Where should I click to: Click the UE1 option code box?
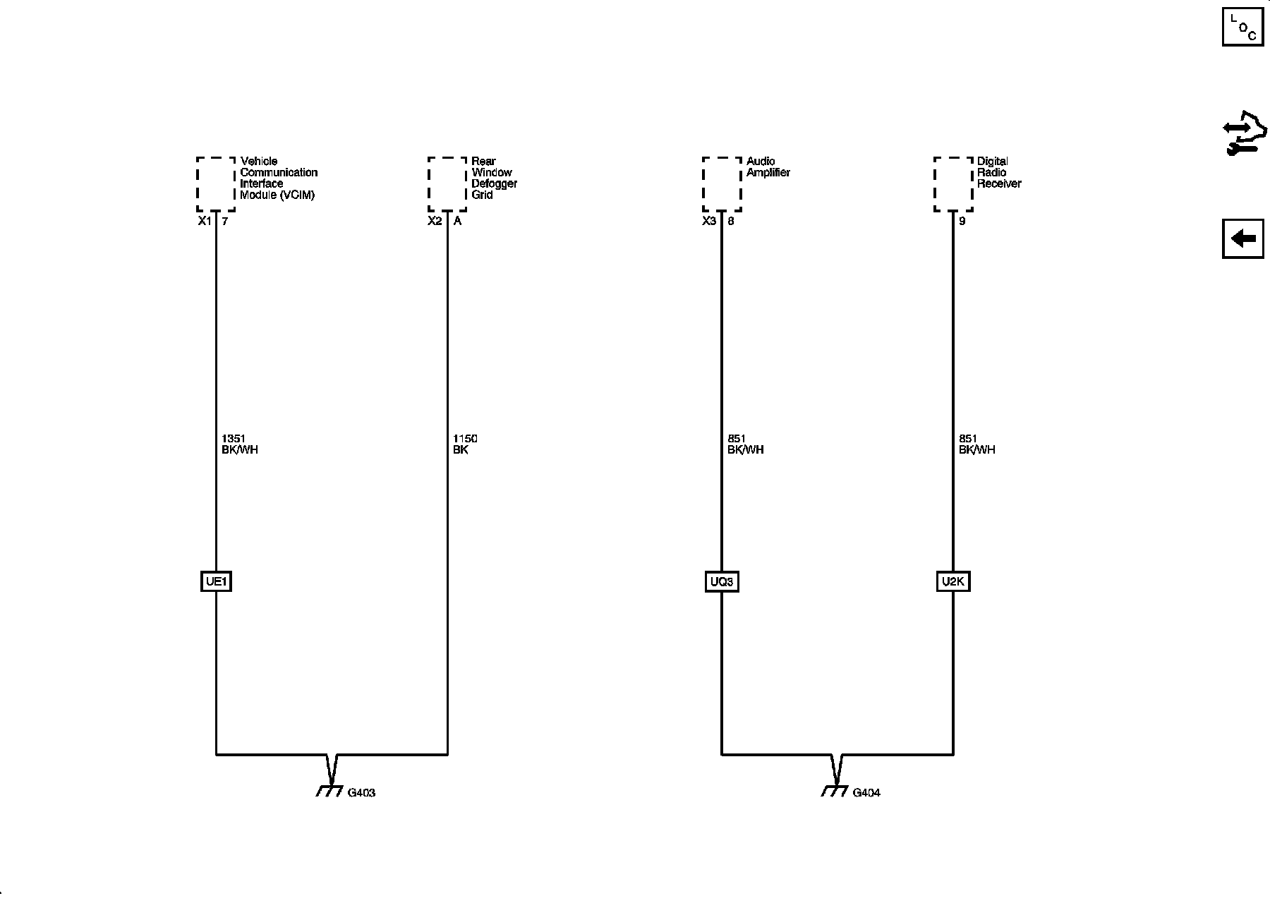216,582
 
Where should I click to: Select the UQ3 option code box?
722,582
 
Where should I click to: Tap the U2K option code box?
953,582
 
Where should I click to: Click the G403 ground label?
361,793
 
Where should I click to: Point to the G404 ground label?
866,793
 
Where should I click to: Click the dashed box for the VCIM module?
216,184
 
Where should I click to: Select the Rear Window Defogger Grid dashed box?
447,184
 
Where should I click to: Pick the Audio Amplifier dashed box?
722,184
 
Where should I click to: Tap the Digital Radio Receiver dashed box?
953,184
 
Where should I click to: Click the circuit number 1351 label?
234,439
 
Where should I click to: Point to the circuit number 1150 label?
465,439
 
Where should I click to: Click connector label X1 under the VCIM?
204,222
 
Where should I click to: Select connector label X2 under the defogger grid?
435,222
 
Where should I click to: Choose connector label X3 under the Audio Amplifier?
709,222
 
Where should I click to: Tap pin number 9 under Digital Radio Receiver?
962,222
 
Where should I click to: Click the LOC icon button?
1242,26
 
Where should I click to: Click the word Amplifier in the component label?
768,173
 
